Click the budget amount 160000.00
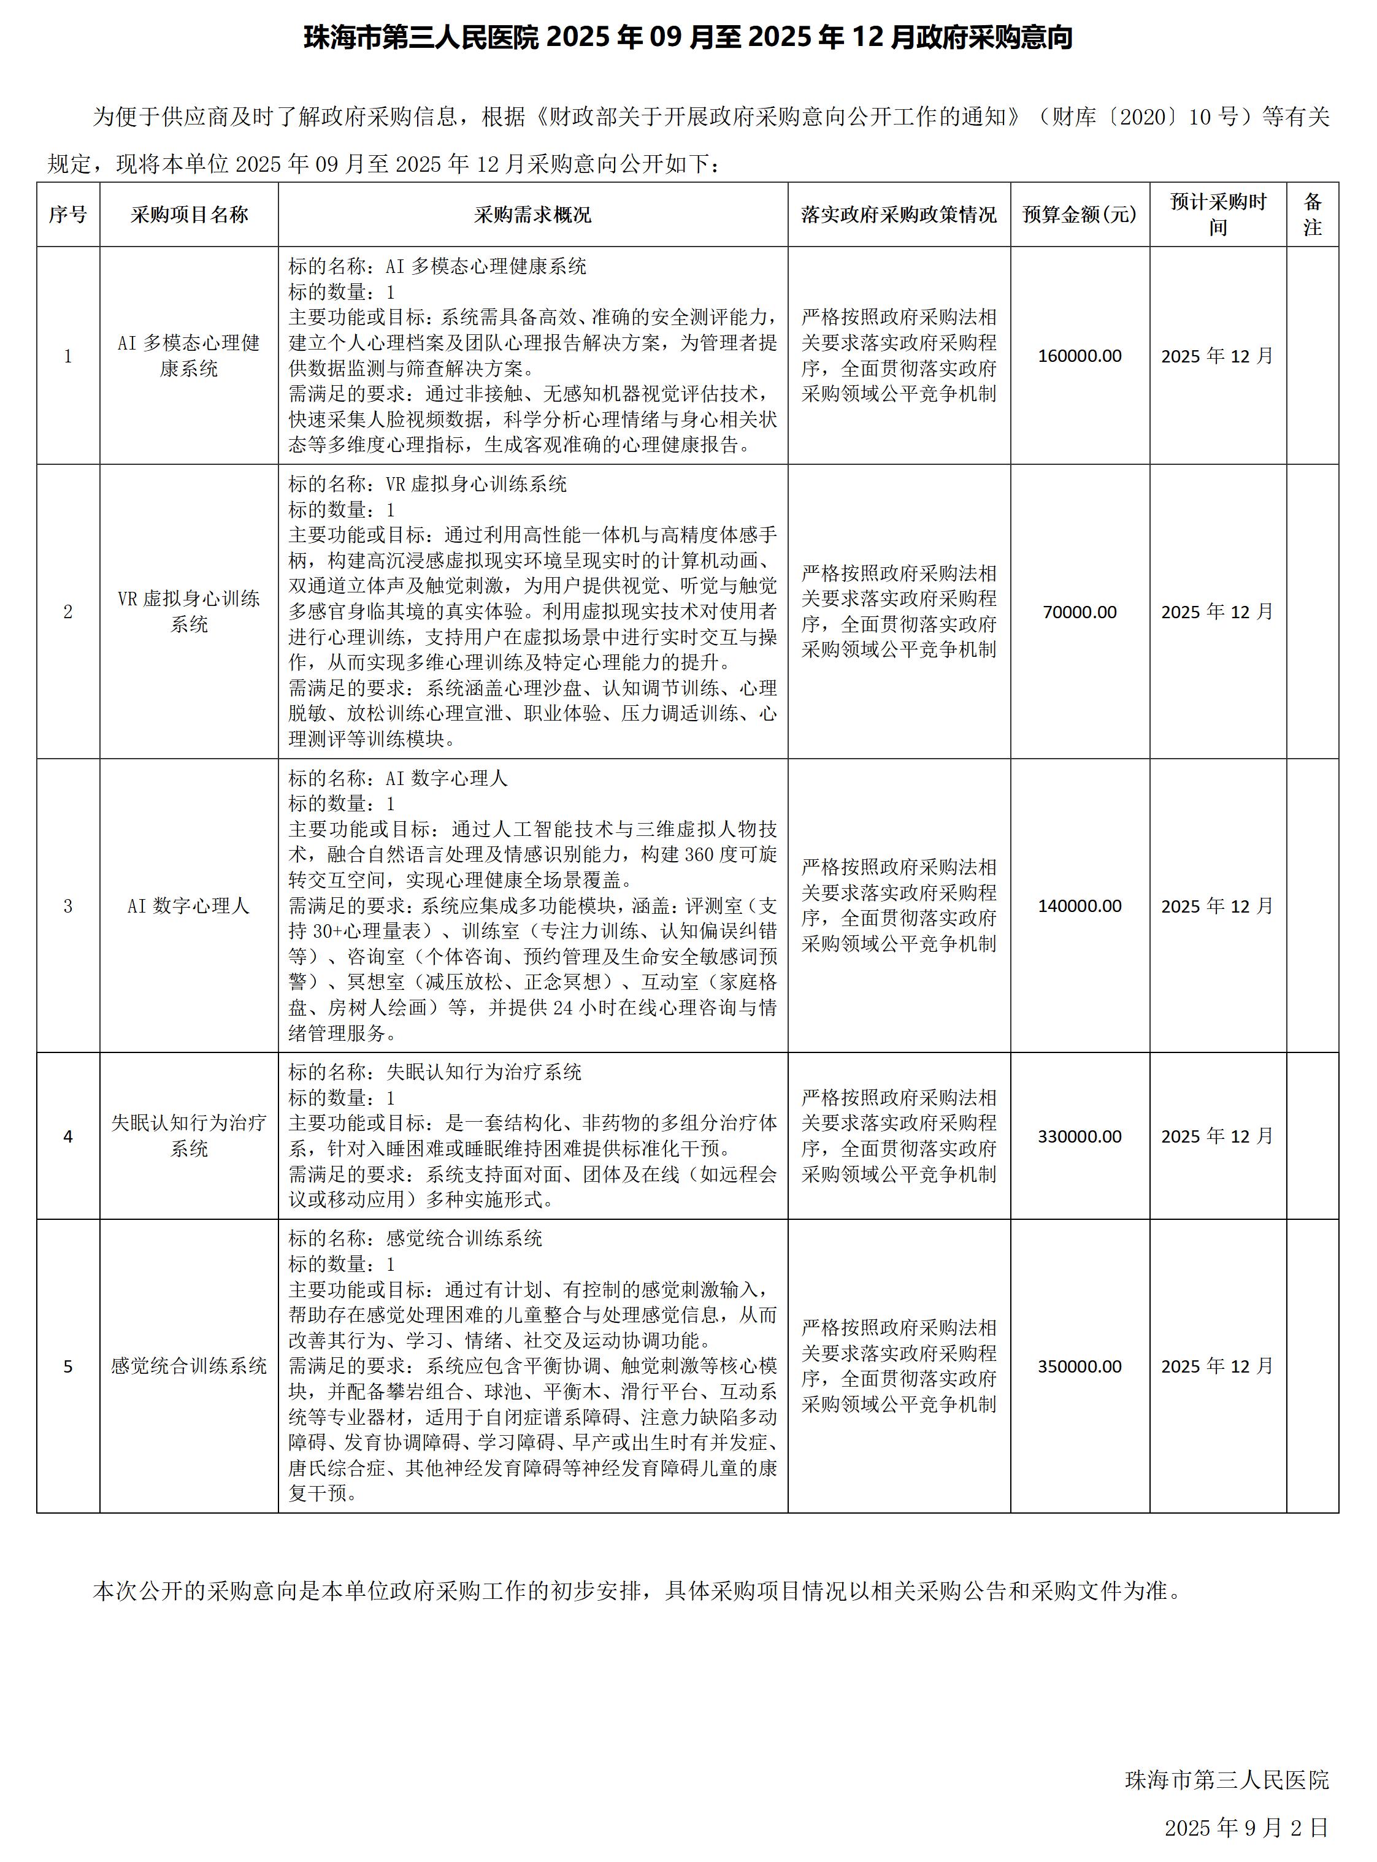point(1080,356)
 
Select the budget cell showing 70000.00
point(1080,612)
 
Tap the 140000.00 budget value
point(1080,906)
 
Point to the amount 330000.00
point(1080,1136)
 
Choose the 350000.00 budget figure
point(1080,1366)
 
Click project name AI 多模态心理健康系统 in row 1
point(189,356)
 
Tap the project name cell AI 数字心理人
point(189,906)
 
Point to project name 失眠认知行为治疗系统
point(189,1135)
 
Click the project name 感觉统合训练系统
point(189,1366)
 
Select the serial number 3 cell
point(67,906)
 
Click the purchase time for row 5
point(1217,1366)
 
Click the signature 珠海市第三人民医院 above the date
point(1226,1779)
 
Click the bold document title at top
point(688,37)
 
